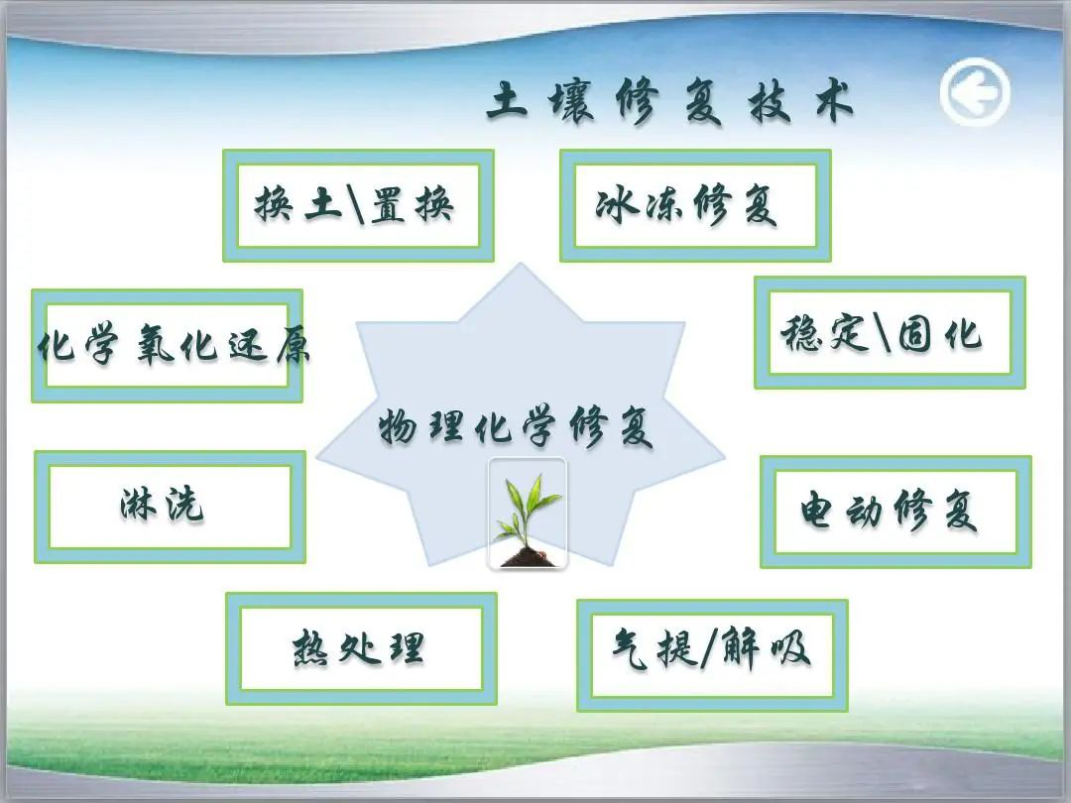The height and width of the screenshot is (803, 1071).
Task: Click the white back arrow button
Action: pyautogui.click(x=975, y=93)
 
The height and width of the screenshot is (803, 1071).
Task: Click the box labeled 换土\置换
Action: pyautogui.click(x=358, y=205)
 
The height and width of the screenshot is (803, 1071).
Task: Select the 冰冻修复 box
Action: pyautogui.click(x=695, y=205)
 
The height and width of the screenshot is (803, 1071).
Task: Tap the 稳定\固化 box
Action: pyautogui.click(x=890, y=332)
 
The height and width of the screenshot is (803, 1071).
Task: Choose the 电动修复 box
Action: pyautogui.click(x=895, y=513)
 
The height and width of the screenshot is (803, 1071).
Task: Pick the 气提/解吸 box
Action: pyautogui.click(x=712, y=655)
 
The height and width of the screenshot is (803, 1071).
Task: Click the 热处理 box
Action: pyautogui.click(x=361, y=648)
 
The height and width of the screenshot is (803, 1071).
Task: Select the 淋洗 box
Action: pyautogui.click(x=171, y=507)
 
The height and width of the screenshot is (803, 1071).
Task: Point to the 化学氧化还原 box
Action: pyautogui.click(x=167, y=346)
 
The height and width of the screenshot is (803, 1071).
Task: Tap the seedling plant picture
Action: pyautogui.click(x=527, y=514)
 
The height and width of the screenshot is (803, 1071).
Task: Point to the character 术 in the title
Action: pyautogui.click(x=835, y=101)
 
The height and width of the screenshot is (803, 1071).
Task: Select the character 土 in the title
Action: pyautogui.click(x=507, y=100)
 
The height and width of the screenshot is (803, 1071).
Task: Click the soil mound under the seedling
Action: pyautogui.click(x=527, y=556)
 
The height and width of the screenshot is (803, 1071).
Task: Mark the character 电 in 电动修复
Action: pyautogui.click(x=817, y=511)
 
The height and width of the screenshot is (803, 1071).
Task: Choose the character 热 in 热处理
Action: pyautogui.click(x=310, y=647)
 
